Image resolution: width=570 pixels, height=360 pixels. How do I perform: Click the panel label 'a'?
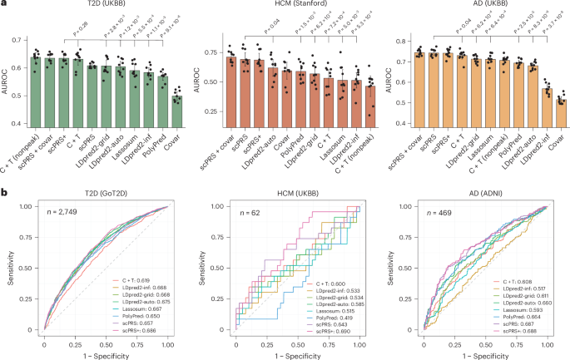click(x=6, y=6)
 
